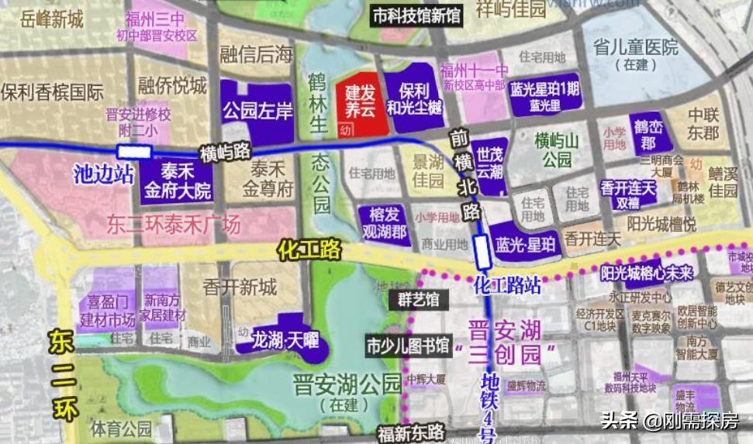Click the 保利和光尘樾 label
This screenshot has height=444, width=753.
point(415,98)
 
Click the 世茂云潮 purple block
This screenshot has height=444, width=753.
point(490,160)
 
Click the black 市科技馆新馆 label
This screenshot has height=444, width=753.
point(416,15)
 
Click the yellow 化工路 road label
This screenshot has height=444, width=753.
point(309,250)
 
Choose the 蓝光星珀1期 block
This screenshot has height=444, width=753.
point(545,96)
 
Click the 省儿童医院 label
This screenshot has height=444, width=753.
point(634,53)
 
